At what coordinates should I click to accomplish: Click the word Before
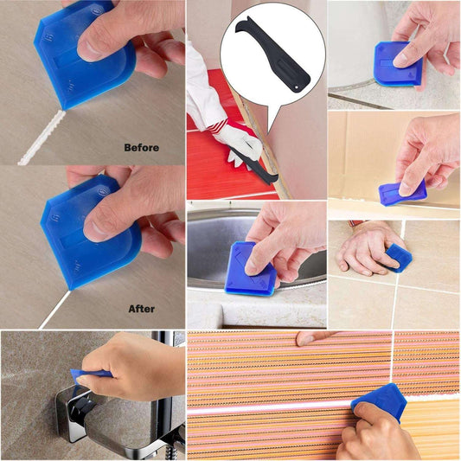[x=142, y=147]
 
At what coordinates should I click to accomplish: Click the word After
[x=142, y=307]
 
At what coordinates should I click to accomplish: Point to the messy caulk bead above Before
[x=43, y=138]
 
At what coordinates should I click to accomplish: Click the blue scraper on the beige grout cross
[x=399, y=256]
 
